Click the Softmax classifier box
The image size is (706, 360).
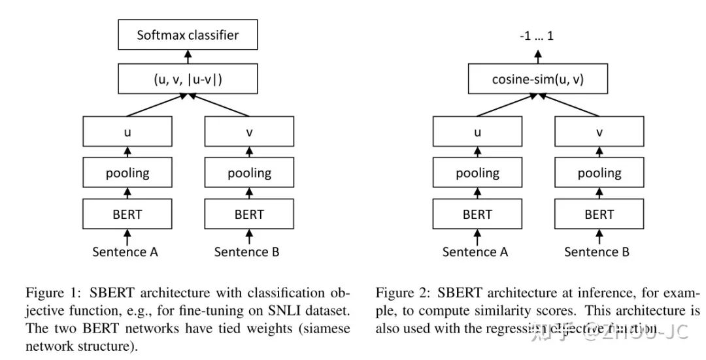pyautogui.click(x=188, y=35)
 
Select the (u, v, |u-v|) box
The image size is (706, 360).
pyautogui.click(x=188, y=80)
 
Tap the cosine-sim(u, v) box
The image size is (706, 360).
pyautogui.click(x=538, y=80)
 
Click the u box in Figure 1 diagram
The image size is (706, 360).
pyautogui.click(x=127, y=132)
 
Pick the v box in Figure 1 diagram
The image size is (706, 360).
pyautogui.click(x=249, y=132)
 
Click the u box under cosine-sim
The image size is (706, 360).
pyautogui.click(x=477, y=132)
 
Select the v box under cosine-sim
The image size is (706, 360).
pyautogui.click(x=599, y=132)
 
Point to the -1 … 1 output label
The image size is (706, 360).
pyautogui.click(x=537, y=37)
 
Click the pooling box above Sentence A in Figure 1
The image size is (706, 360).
pyautogui.click(x=127, y=173)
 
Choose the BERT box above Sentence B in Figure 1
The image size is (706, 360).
pyautogui.click(x=249, y=214)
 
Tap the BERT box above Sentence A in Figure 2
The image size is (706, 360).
pyautogui.click(x=477, y=214)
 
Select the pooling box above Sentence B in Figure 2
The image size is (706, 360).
pyautogui.click(x=599, y=173)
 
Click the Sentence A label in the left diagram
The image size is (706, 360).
pyautogui.click(x=126, y=252)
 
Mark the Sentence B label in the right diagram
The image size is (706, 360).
pyautogui.click(x=597, y=252)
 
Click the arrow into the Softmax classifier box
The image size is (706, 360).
pyautogui.click(x=188, y=58)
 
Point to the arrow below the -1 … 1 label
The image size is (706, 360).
pyautogui.click(x=538, y=58)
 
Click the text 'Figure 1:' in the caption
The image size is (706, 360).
pyautogui.click(x=48, y=293)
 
